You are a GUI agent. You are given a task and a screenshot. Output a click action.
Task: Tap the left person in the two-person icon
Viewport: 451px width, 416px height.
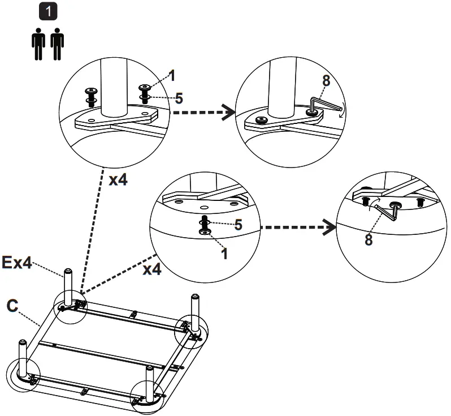pyautogui.click(x=38, y=46)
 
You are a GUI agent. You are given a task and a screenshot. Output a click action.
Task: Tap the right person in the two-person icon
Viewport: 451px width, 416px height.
pyautogui.click(x=57, y=46)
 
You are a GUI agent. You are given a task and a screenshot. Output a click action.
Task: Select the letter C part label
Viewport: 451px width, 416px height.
pyautogui.click(x=12, y=306)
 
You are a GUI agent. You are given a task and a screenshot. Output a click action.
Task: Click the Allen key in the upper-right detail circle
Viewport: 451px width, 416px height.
pyautogui.click(x=326, y=105)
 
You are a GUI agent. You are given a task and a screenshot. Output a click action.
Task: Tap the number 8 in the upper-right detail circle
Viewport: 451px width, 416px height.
pyautogui.click(x=326, y=80)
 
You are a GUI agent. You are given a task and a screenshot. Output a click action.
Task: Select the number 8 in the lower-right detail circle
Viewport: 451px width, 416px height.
pyautogui.click(x=368, y=239)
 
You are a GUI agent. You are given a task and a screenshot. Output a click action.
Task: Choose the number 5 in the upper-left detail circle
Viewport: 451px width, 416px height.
pyautogui.click(x=179, y=98)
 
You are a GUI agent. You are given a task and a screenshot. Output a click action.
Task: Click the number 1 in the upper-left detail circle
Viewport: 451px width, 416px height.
pyautogui.click(x=172, y=75)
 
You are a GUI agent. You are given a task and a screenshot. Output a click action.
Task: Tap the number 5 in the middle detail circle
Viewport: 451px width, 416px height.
pyautogui.click(x=238, y=225)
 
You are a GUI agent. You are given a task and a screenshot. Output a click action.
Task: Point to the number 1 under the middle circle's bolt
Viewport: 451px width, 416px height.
pyautogui.click(x=224, y=254)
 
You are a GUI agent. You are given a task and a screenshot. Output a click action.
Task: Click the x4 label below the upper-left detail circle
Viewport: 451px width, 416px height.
pyautogui.click(x=118, y=180)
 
